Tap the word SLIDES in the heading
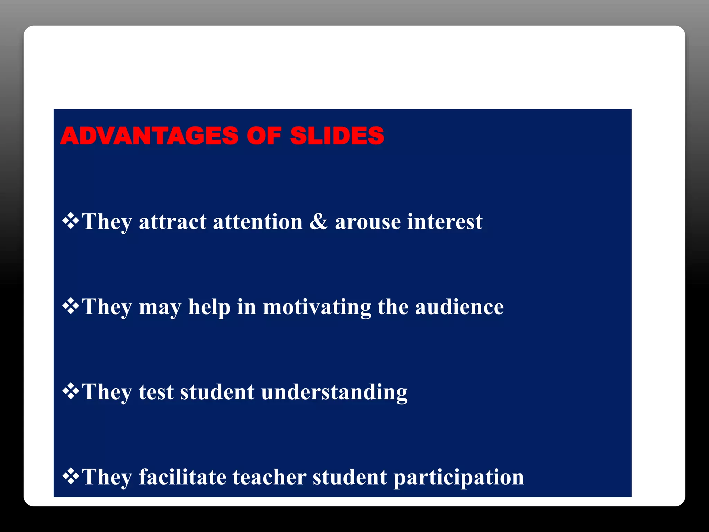(x=337, y=135)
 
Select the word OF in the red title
(x=264, y=135)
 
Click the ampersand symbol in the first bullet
(x=318, y=221)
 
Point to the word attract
(x=172, y=222)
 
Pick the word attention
(x=258, y=222)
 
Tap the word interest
(x=445, y=222)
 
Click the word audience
(x=459, y=307)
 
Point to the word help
(x=209, y=308)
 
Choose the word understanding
(x=334, y=392)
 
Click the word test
(x=156, y=392)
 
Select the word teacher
(x=269, y=477)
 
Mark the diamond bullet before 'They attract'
(x=71, y=221)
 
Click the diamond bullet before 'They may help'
(x=71, y=306)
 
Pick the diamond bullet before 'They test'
(x=71, y=391)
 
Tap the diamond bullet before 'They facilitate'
(x=71, y=476)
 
